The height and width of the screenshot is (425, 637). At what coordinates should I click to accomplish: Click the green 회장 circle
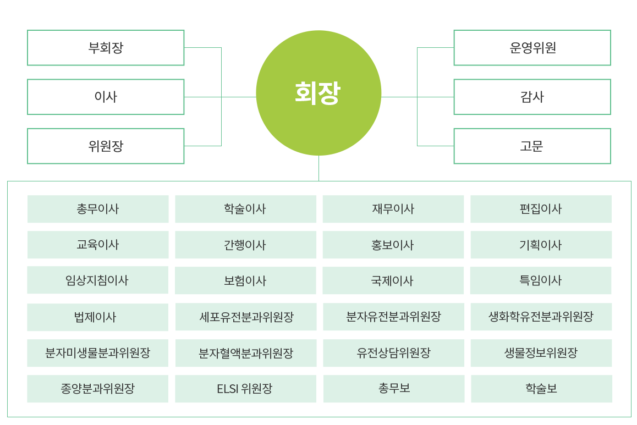pyautogui.click(x=318, y=93)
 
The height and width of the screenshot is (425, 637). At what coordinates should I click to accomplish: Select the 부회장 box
pyautogui.click(x=106, y=48)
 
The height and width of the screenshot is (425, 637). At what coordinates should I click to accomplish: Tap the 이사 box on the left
pyautogui.click(x=106, y=97)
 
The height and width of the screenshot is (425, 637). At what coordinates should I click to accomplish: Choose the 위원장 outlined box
pyautogui.click(x=106, y=146)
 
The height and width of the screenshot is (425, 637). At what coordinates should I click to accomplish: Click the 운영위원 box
pyautogui.click(x=532, y=48)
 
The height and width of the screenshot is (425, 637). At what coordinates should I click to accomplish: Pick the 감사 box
pyautogui.click(x=532, y=97)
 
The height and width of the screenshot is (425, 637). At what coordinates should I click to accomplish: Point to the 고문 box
pyautogui.click(x=532, y=146)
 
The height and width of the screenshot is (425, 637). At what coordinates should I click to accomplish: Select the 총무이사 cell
pyautogui.click(x=98, y=209)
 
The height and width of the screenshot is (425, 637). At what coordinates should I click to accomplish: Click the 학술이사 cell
pyautogui.click(x=245, y=209)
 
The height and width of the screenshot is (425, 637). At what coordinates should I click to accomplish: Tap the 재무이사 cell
pyautogui.click(x=393, y=209)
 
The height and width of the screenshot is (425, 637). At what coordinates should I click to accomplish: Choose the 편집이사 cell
pyautogui.click(x=541, y=209)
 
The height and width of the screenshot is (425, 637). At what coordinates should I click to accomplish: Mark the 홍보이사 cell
pyautogui.click(x=393, y=245)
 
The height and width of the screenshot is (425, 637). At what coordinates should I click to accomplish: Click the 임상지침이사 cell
pyautogui.click(x=98, y=280)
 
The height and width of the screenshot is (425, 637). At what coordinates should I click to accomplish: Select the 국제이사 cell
pyautogui.click(x=393, y=280)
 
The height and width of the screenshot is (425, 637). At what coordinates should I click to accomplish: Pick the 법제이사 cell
pyautogui.click(x=98, y=317)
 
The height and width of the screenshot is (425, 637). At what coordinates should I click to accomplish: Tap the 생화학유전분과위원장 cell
pyautogui.click(x=541, y=317)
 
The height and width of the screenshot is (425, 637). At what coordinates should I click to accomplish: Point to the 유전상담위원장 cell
pyautogui.click(x=393, y=353)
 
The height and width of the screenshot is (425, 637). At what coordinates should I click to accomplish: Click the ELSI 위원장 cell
pyautogui.click(x=245, y=389)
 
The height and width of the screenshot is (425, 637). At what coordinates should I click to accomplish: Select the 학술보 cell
pyautogui.click(x=541, y=389)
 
